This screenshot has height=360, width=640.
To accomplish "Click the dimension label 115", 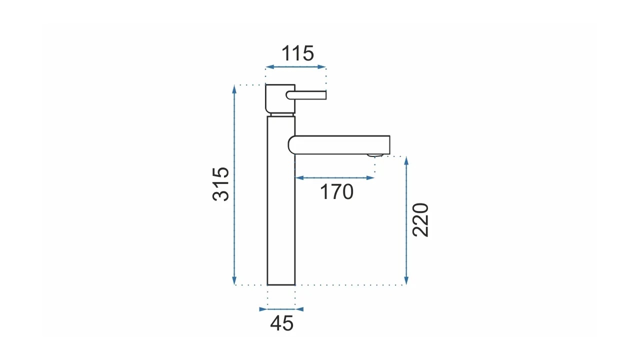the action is pos(297,53).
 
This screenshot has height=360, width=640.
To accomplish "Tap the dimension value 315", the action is pos(221,184).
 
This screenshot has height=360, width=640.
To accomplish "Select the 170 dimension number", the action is pos(336,192).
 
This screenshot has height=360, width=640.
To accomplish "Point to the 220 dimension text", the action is pos(420,220).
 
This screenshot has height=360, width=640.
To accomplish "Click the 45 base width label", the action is pos(281,323).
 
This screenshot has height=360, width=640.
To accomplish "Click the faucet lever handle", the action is pos(306,95).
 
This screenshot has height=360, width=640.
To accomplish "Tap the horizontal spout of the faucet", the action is pos(339,145).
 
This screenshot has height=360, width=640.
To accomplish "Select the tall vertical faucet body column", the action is pos(281,200).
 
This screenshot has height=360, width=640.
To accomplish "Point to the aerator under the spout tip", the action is pos(375,155).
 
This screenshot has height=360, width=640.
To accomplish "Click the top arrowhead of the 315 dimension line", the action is pos(234,89).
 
